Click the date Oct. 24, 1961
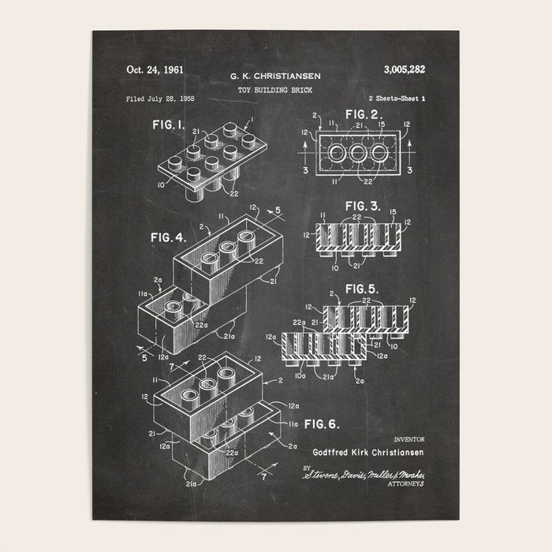[x=155, y=69]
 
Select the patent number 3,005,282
[x=405, y=69]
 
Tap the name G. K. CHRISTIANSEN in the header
[x=275, y=76]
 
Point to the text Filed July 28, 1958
[x=160, y=99]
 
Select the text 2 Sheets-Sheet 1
[x=397, y=99]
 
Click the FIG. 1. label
[x=169, y=125]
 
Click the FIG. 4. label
[x=168, y=237]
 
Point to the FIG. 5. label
[x=363, y=289]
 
